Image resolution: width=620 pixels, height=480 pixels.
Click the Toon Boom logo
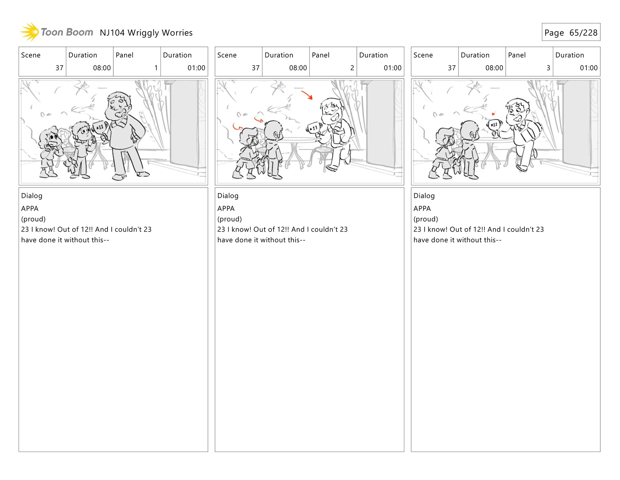(x=57, y=32)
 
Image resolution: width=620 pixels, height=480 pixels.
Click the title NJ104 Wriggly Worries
(x=146, y=33)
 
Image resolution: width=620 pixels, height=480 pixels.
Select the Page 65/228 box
(x=571, y=32)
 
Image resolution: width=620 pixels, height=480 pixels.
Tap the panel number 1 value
(x=156, y=68)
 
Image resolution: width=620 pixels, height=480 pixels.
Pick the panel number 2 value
(x=352, y=68)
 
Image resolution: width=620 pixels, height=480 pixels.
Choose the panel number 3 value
(x=548, y=68)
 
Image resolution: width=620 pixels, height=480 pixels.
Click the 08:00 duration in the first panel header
(x=102, y=68)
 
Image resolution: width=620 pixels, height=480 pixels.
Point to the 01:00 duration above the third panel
(x=588, y=68)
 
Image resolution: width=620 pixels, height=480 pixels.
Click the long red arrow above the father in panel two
(x=307, y=95)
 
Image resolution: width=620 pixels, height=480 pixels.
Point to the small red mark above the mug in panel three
(x=493, y=114)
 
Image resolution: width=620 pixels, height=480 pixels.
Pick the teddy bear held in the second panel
(x=260, y=165)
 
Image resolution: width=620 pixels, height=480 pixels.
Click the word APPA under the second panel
(x=226, y=209)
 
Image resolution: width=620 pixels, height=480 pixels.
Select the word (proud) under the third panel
(x=426, y=219)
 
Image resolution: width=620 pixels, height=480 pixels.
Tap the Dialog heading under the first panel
(x=32, y=196)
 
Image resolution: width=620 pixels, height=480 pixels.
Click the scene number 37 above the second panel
(x=255, y=68)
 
